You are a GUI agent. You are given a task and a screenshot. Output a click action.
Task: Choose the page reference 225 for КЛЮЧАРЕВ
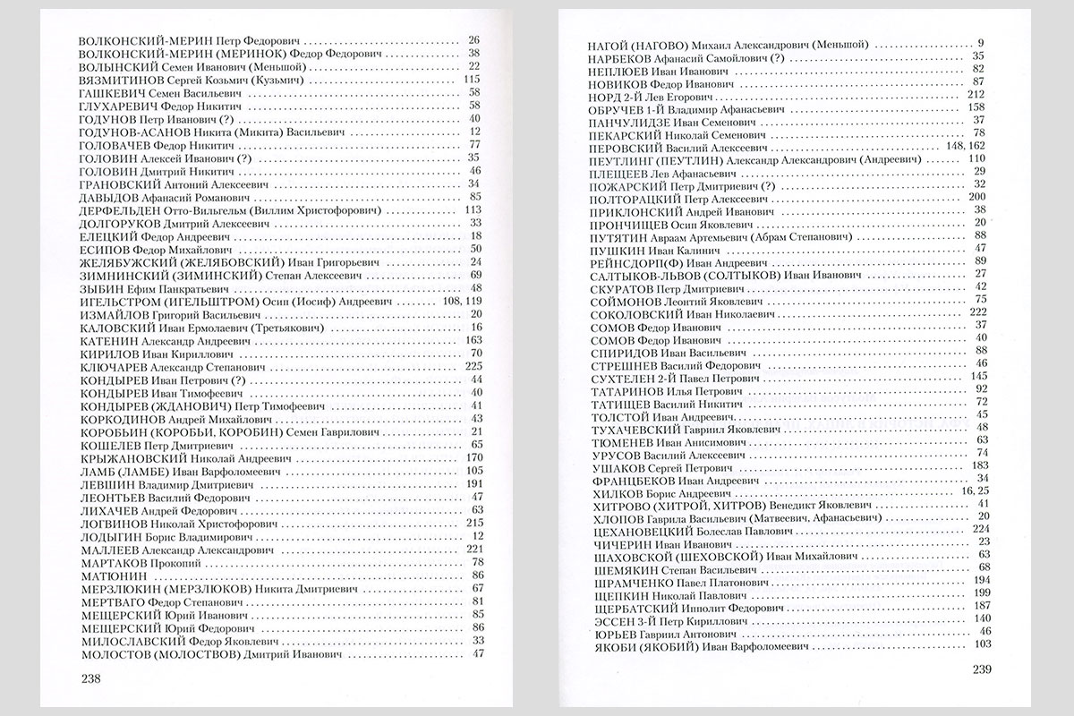click(474, 365)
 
